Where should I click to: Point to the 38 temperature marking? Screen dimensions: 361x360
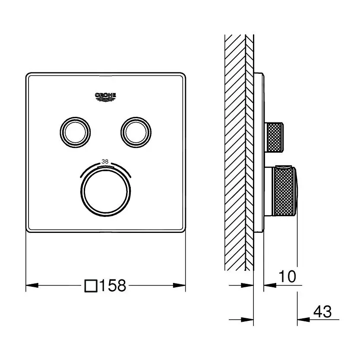click(x=104, y=161)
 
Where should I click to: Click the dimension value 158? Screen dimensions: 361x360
click(x=113, y=286)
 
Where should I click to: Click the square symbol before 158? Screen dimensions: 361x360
click(x=91, y=286)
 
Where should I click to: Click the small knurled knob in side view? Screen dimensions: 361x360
click(x=275, y=137)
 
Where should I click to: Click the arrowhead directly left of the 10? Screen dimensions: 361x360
click(x=269, y=285)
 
